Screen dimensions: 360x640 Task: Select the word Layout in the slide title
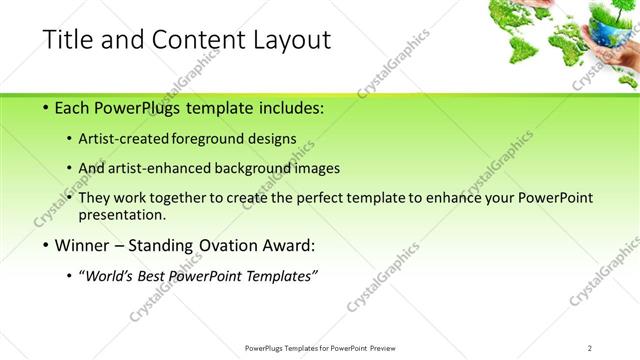pyautogui.click(x=290, y=40)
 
